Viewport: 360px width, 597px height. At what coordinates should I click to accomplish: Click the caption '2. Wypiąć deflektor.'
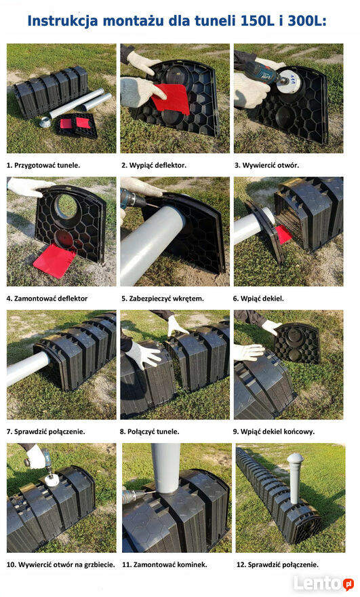[x=154, y=166]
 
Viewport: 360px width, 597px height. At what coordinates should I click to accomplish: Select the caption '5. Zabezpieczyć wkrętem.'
[x=163, y=298]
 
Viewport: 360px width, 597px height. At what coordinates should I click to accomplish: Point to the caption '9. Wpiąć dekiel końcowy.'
[x=274, y=431]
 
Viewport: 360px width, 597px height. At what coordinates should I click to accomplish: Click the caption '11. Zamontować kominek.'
[x=164, y=564]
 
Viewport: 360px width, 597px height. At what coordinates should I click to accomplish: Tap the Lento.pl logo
[x=324, y=583]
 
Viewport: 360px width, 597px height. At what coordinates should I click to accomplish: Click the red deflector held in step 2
[x=171, y=98]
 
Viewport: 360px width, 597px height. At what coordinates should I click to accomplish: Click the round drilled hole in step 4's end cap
[x=67, y=206]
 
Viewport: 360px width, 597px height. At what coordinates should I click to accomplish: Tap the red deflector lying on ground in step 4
[x=55, y=261]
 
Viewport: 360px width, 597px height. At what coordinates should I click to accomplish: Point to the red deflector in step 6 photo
[x=283, y=234]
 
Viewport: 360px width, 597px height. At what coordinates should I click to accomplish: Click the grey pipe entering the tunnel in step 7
[x=27, y=368]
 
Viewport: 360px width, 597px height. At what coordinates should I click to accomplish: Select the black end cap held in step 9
[x=297, y=343]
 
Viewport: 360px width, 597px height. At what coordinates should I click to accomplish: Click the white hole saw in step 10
[x=49, y=480]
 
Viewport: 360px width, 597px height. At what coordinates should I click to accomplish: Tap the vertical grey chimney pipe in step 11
[x=165, y=468]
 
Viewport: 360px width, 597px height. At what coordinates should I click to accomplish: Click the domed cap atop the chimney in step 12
[x=296, y=459]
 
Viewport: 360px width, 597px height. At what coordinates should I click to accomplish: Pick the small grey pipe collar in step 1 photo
[x=46, y=122]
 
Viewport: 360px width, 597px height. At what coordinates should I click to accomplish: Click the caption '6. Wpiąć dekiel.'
[x=258, y=298]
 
